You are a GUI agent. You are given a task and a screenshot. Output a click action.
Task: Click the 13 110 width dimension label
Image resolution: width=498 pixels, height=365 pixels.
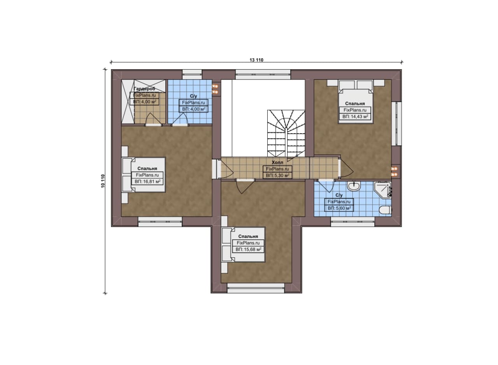[x=256, y=60]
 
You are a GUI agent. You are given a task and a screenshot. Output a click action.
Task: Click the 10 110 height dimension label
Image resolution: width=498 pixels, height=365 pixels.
[x=103, y=181]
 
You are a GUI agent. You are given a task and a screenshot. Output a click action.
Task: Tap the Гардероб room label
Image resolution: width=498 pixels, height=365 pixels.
[x=144, y=89]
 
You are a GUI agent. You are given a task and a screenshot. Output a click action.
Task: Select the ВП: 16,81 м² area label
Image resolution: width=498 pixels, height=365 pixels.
[x=147, y=182]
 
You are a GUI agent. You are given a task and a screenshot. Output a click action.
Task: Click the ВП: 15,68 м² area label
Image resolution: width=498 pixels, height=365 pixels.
[x=248, y=250]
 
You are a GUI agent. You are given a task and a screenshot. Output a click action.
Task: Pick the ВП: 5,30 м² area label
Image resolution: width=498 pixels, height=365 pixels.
[x=278, y=175]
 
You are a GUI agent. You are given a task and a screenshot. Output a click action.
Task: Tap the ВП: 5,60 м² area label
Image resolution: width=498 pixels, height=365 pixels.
[x=339, y=208]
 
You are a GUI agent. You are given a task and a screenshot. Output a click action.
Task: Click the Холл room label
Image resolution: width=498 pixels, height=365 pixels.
[x=277, y=162]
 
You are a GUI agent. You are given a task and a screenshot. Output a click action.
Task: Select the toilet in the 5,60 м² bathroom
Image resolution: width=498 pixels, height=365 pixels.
[x=385, y=210]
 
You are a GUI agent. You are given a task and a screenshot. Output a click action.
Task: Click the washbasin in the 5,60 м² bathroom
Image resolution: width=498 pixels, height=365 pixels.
[x=354, y=186]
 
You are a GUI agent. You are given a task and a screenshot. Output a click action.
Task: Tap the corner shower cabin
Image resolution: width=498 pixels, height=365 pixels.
[x=382, y=190]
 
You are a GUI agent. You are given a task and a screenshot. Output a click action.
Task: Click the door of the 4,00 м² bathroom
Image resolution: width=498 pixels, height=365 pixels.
[x=180, y=119]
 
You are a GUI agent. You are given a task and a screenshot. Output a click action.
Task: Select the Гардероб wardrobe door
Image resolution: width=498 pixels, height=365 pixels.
[x=153, y=119]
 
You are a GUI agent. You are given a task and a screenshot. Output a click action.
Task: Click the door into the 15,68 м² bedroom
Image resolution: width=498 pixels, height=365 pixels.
[x=245, y=186]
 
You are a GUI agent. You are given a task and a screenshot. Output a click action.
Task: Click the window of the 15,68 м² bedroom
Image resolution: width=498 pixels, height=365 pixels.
[x=256, y=288]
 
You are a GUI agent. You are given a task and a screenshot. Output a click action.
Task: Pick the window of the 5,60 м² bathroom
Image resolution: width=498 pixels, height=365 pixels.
[x=353, y=222]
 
